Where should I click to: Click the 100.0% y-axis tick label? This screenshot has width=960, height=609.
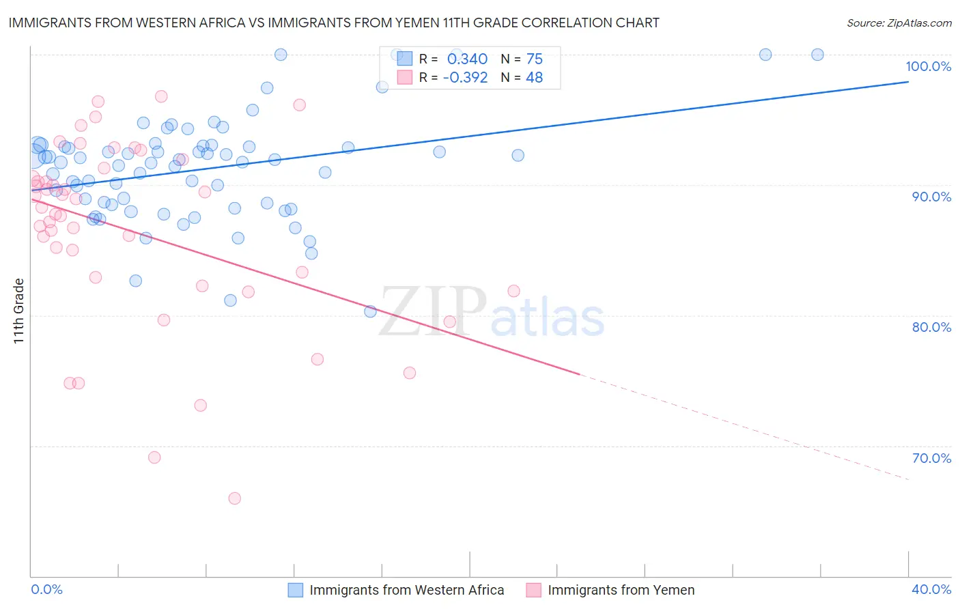tap(928, 66)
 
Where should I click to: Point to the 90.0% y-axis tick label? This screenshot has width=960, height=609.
tap(931, 197)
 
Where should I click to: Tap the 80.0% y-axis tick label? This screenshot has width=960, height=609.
tap(931, 327)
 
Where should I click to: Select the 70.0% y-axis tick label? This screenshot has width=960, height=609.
tap(931, 458)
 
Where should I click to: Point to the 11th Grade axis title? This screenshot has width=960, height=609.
tap(19, 311)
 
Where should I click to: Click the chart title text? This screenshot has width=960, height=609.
tap(334, 23)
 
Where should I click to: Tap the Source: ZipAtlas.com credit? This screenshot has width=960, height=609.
tap(899, 23)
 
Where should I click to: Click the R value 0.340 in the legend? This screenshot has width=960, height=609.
tap(467, 59)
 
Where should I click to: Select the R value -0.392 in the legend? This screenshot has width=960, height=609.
tap(465, 78)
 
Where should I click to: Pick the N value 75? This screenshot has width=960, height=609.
tap(534, 59)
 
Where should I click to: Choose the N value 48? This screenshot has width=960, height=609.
tap(534, 78)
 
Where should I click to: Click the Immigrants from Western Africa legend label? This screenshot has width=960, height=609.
tap(406, 591)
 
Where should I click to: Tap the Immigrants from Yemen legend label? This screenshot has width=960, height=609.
tap(621, 591)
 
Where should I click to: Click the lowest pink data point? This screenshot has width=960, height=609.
tap(234, 498)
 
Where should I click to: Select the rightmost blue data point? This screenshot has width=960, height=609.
tap(817, 55)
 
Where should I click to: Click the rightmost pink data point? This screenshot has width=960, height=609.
tap(513, 291)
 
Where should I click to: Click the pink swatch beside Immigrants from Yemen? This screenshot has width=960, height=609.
tap(533, 591)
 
